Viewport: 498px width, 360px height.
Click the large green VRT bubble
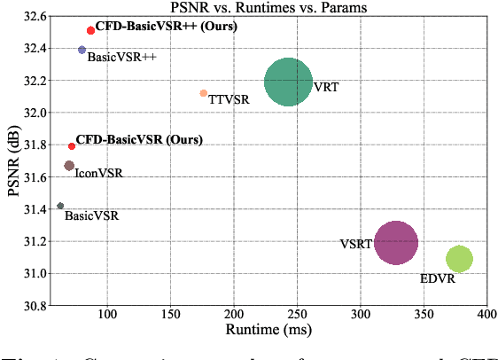point(288,82)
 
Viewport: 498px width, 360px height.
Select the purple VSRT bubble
point(396,242)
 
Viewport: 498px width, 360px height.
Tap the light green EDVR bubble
point(459,259)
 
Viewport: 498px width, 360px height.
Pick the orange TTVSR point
point(204,93)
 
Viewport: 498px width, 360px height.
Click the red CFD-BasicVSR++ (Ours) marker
point(90,30)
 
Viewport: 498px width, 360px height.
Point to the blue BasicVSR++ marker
point(82,51)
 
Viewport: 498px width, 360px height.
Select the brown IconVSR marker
point(69,166)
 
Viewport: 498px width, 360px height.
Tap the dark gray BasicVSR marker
point(60,206)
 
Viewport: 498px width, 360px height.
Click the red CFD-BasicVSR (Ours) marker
point(72,146)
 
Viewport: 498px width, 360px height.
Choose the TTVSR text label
point(229,99)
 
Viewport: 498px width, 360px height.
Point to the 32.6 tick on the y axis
point(35,16)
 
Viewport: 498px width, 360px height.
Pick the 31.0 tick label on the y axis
point(35,273)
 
